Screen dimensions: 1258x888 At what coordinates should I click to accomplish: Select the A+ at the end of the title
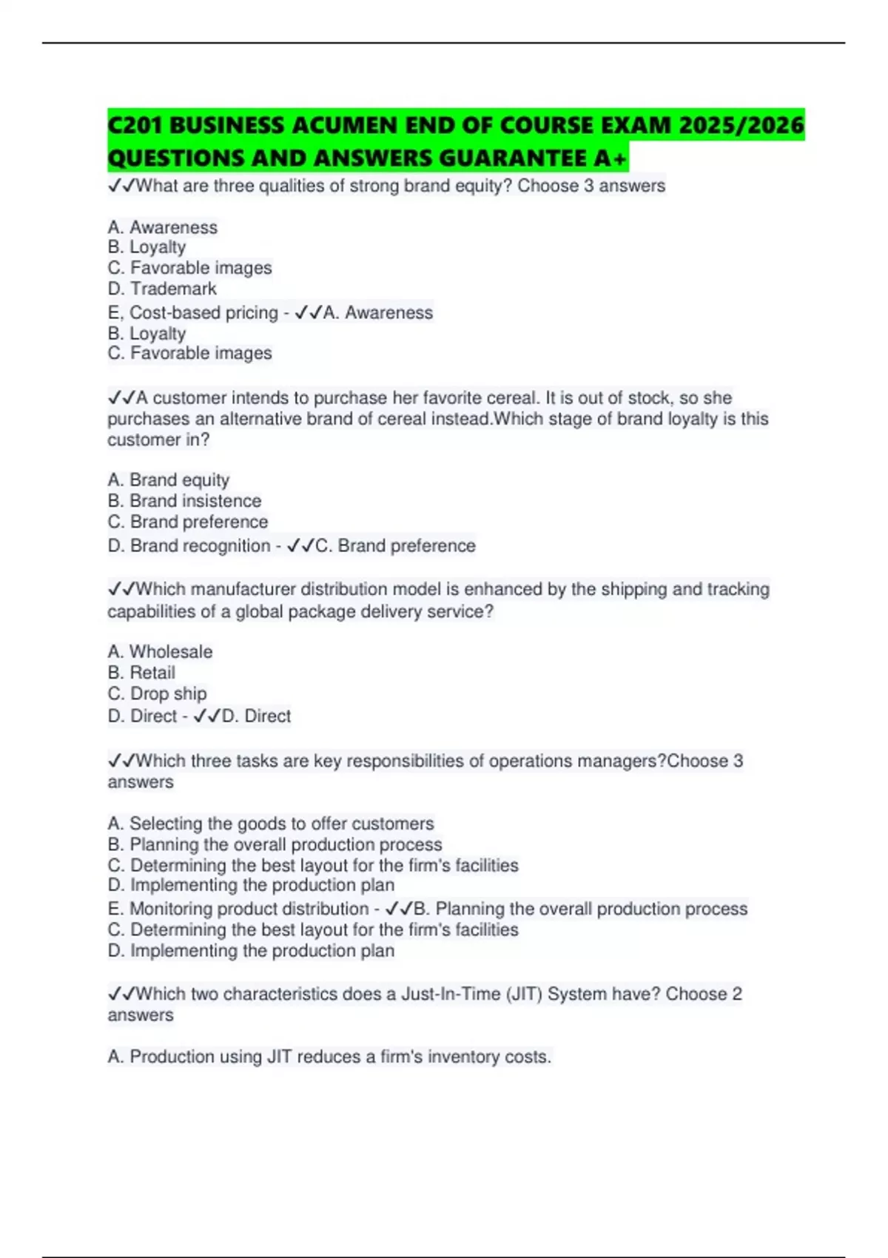(610, 158)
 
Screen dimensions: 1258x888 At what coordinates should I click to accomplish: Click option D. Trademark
(162, 289)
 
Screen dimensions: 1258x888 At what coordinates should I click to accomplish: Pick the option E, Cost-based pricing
(192, 313)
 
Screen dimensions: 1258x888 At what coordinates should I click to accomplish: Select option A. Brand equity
(169, 480)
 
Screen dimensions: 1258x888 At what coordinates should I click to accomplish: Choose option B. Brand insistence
(184, 501)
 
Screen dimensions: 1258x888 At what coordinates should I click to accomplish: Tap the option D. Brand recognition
(189, 546)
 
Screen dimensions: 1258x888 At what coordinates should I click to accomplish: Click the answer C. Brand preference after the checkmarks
(395, 546)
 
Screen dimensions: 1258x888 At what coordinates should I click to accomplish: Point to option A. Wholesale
(160, 652)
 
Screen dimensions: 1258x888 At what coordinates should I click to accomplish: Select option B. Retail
(141, 673)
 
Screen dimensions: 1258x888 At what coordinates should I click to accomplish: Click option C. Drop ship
(157, 694)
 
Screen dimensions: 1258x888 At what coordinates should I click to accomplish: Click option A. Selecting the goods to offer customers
(271, 824)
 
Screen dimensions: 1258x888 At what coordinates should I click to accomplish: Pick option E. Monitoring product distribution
(238, 909)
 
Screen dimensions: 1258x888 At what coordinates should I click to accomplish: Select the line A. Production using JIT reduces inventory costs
(329, 1057)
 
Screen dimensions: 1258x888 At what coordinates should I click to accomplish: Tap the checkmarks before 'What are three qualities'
(121, 186)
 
